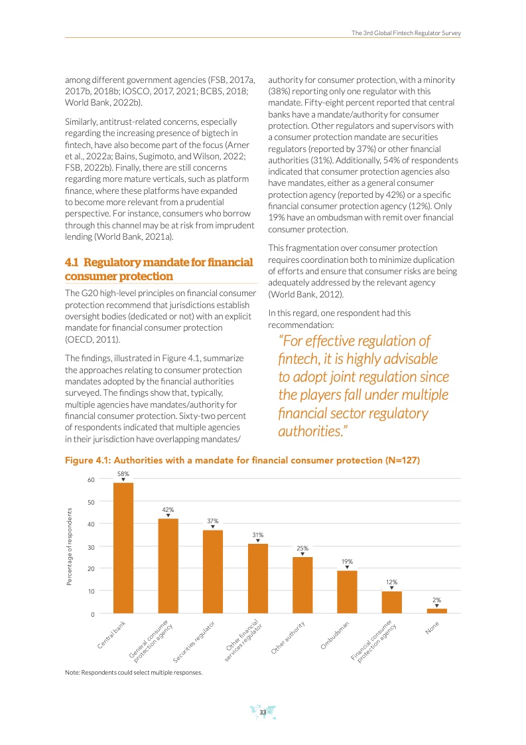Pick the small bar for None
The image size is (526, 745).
pyautogui.click(x=436, y=610)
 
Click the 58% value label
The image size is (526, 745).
pyautogui.click(x=123, y=473)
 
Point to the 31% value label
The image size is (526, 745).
pyautogui.click(x=257, y=535)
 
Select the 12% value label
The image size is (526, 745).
pyautogui.click(x=391, y=582)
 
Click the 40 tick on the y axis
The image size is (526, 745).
pyautogui.click(x=90, y=524)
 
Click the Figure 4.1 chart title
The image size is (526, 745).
pyautogui.click(x=242, y=460)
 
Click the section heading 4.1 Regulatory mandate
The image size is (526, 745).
pyautogui.click(x=159, y=269)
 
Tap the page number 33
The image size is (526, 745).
pyautogui.click(x=263, y=712)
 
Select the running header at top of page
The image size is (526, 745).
pyautogui.click(x=406, y=33)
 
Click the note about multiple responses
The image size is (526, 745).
pyautogui.click(x=133, y=672)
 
